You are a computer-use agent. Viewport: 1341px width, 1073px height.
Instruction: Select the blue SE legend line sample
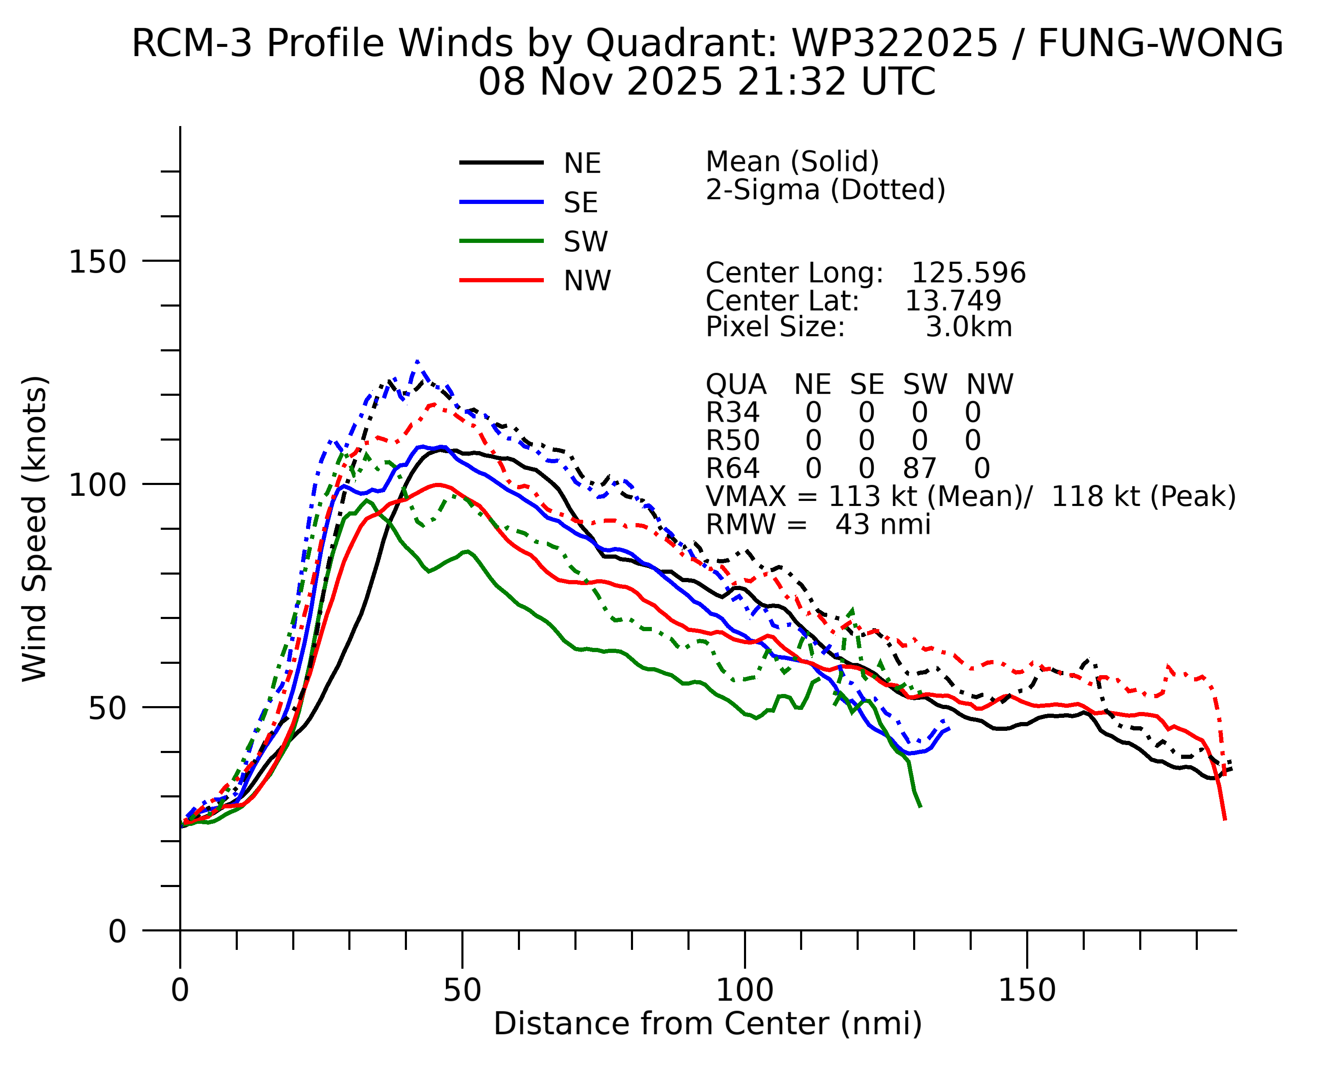(x=501, y=202)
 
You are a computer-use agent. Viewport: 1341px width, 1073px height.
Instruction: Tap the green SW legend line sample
(x=501, y=241)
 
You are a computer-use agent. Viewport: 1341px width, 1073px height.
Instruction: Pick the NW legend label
(x=587, y=281)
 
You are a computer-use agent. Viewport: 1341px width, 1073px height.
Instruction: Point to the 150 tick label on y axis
(x=97, y=261)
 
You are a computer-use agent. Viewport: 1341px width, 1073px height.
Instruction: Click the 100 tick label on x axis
(x=744, y=990)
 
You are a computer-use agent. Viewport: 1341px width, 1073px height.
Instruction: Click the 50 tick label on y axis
(x=107, y=708)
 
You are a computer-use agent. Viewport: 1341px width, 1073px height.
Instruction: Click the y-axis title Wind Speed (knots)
(x=35, y=529)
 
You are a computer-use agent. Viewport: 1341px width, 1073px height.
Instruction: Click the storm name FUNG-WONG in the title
(x=1160, y=44)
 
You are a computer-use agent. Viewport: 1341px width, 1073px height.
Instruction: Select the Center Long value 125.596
(x=968, y=273)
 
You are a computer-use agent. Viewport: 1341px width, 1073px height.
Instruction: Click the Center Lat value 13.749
(x=953, y=301)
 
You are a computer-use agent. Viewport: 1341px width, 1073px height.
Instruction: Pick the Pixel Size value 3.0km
(x=969, y=327)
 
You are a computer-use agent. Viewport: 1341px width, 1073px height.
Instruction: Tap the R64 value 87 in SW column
(x=919, y=468)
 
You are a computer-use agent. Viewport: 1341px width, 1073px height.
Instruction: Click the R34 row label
(x=732, y=413)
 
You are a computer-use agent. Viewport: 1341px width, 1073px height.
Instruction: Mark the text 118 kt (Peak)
(x=1143, y=496)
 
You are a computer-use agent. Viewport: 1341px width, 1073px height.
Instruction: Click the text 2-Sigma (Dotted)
(x=825, y=190)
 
